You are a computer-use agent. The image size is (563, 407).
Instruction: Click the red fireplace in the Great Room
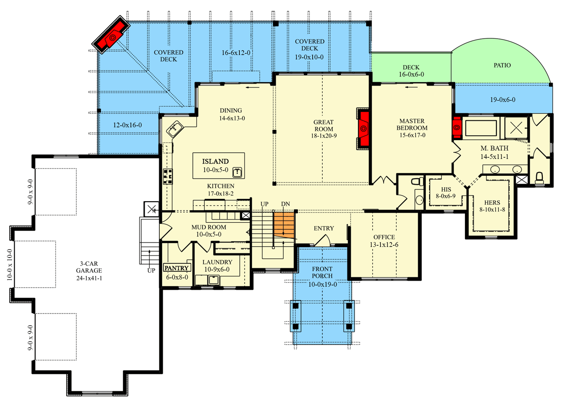(363, 127)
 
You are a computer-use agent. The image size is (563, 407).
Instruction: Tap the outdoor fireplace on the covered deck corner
(111, 36)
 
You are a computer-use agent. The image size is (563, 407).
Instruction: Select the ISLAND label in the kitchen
(216, 161)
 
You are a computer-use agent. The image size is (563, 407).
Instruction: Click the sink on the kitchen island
(238, 172)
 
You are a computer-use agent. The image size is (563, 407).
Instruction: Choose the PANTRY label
(177, 268)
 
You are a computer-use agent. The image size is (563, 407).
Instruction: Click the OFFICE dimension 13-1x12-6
(384, 245)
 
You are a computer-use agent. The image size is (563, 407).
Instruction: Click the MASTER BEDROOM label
(411, 124)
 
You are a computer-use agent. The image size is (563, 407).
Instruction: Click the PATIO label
(501, 65)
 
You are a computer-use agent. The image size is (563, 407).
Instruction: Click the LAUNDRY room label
(217, 262)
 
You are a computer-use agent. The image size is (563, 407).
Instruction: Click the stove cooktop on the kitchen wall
(167, 176)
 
